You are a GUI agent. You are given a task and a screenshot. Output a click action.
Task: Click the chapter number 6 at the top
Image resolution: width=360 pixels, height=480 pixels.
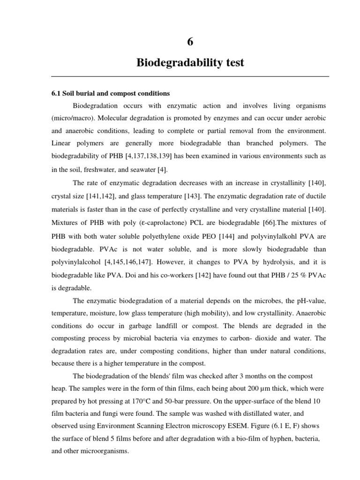190,42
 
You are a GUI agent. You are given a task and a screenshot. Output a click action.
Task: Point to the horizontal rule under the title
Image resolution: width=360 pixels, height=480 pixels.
190,76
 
